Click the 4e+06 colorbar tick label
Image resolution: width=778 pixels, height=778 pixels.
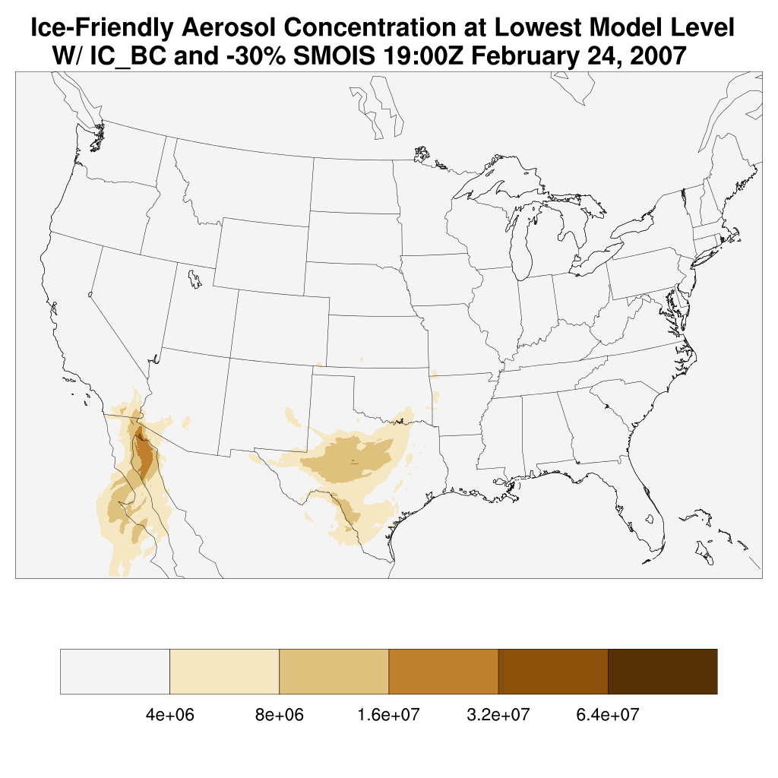[169, 715]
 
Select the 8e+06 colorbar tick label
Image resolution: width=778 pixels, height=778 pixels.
[279, 715]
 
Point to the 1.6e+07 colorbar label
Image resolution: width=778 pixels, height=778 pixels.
[388, 715]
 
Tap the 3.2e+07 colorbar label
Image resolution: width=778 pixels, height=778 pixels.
[498, 715]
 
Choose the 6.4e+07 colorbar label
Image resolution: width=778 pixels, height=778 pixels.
[607, 715]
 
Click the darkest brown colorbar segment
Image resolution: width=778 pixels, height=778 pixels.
[663, 672]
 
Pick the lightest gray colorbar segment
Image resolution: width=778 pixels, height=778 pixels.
[115, 672]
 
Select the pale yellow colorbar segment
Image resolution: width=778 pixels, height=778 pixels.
[224, 672]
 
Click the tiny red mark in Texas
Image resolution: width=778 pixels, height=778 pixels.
[354, 462]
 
